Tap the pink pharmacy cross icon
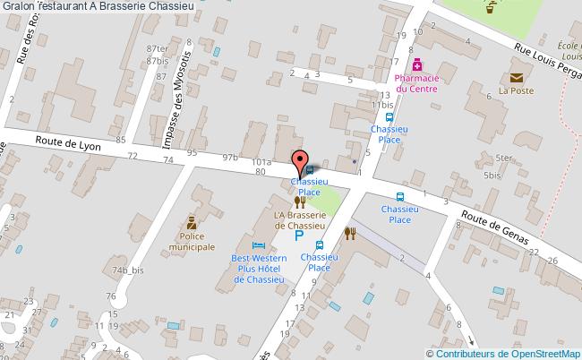(416, 64)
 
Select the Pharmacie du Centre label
(415, 83)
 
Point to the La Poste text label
(516, 90)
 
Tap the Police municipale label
(193, 241)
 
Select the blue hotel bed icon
(259, 245)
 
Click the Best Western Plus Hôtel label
(259, 269)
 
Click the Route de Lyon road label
(68, 142)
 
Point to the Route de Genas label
(495, 227)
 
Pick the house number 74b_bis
(128, 270)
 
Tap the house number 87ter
(158, 48)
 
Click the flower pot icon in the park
(490, 11)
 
